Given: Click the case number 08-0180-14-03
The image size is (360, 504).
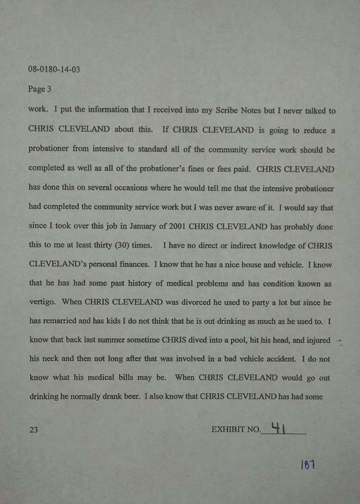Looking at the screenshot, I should pos(54,69).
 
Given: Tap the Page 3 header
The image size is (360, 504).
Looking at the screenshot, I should pos(39,89).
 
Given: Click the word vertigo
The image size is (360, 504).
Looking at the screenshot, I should pos(42,303).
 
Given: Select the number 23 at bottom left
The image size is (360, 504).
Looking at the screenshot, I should pos(33,430).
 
